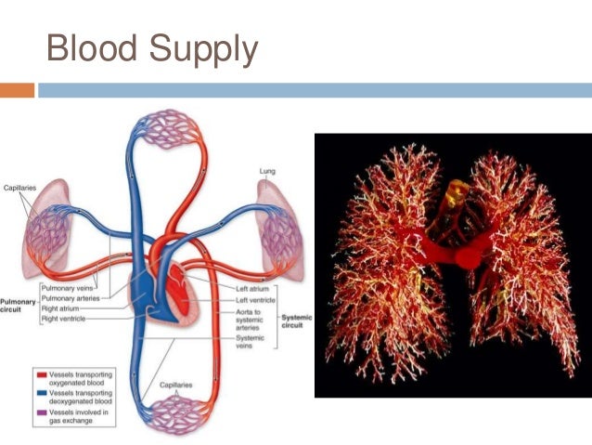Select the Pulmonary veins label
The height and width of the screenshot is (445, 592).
[67, 289]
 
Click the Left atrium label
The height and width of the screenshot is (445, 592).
[251, 289]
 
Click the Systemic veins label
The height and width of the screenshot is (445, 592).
[251, 341]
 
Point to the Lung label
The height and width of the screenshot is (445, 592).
[266, 171]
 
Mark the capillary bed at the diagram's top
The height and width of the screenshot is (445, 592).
[164, 129]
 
